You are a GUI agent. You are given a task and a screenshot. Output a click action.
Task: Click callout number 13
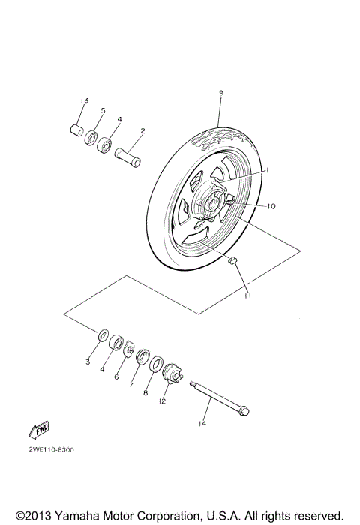85,100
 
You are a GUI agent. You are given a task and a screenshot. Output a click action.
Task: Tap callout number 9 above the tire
221,93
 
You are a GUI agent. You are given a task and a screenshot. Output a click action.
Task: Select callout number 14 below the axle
202,424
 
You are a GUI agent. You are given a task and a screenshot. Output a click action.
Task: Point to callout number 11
247,295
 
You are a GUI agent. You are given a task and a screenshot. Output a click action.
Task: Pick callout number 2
142,131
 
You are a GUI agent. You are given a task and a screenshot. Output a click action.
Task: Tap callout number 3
87,362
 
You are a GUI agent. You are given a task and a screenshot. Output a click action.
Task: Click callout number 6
116,377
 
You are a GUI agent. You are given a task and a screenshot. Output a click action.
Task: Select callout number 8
145,392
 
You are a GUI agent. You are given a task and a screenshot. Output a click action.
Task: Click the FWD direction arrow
38,429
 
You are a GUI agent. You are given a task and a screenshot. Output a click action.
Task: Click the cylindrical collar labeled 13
76,130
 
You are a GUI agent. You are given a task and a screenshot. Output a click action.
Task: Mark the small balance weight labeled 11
232,260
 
